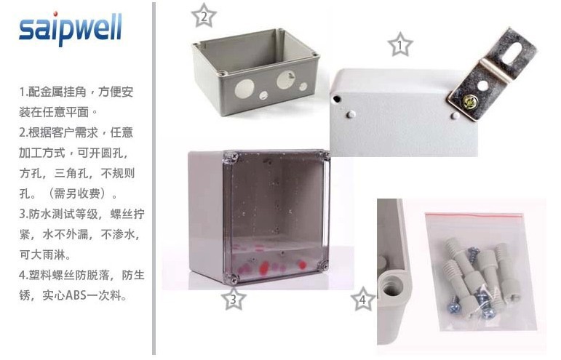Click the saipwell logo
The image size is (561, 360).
click(71, 28)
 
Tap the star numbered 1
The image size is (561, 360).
click(400, 45)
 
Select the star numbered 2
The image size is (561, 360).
click(204, 16)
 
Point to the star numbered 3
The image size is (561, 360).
click(234, 298)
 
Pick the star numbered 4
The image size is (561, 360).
click(362, 299)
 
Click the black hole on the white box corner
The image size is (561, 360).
click(337, 99)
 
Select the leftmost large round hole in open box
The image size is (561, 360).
click(244, 88)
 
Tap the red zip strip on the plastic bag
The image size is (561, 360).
click(474, 215)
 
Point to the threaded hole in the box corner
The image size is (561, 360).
click(391, 286)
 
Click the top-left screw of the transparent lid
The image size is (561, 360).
click(234, 156)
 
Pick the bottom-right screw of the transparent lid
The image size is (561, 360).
click(324, 265)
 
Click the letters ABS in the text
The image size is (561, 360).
click(76, 296)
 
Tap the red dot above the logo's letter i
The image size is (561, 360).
click(55, 14)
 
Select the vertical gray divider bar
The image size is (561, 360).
click(154, 178)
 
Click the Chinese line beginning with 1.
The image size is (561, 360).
click(76, 92)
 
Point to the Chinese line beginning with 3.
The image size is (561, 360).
click(82, 214)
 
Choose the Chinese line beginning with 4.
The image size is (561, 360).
click(82, 276)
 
